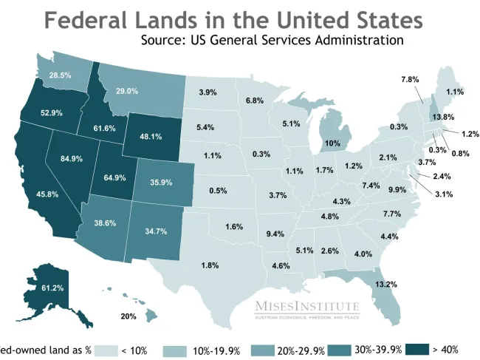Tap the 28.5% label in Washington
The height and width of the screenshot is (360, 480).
60,75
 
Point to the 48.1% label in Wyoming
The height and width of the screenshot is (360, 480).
151,137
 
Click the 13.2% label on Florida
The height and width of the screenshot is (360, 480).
386,284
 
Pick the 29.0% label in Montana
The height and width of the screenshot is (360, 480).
127,91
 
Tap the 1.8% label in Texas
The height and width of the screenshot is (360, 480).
210,265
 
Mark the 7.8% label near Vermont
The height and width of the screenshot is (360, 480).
410,79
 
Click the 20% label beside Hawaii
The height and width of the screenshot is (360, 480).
128,316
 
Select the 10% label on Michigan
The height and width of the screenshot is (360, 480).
332,143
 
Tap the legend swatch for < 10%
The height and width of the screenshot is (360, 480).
105,350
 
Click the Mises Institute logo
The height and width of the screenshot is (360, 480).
307,309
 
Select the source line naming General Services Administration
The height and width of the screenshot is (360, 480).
272,39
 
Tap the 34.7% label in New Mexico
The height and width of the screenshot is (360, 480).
156,231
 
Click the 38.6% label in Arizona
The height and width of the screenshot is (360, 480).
105,223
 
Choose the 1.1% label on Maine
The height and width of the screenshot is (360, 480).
455,92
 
